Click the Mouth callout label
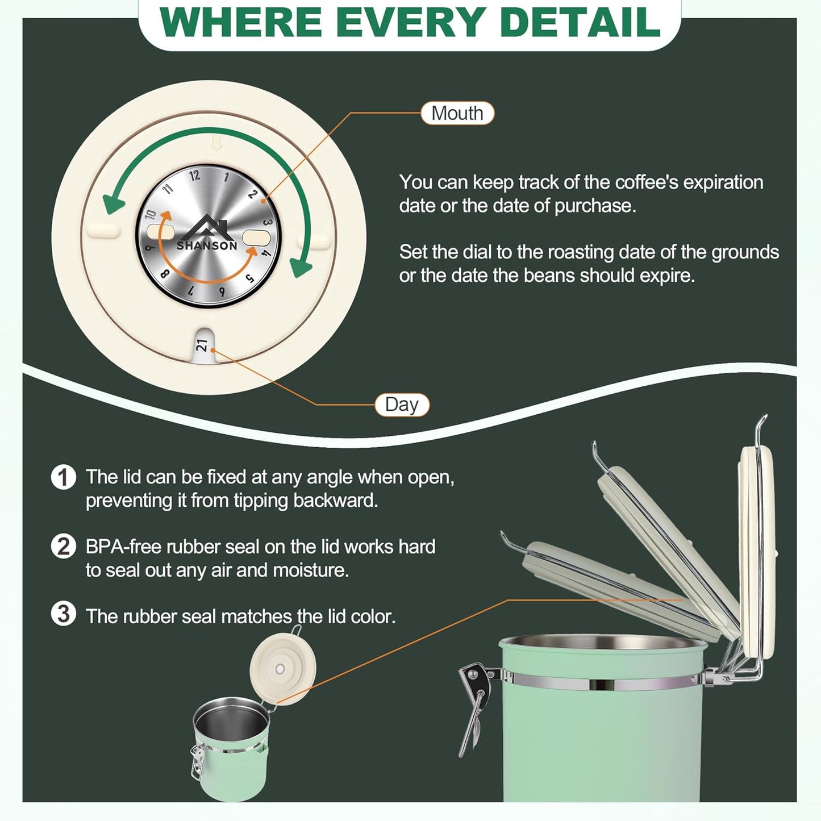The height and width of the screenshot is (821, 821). coord(457,113)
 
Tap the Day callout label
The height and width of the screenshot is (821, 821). coord(402,405)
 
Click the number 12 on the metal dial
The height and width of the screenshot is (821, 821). coord(195,175)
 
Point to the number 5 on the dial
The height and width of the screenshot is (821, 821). coord(251,278)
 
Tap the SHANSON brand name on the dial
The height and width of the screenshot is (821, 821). coord(207,246)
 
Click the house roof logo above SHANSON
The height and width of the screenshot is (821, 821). coord(207,227)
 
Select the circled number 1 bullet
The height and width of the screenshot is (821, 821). coord(64,477)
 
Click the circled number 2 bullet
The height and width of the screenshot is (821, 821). coord(64,546)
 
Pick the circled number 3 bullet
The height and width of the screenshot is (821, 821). coord(64,614)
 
